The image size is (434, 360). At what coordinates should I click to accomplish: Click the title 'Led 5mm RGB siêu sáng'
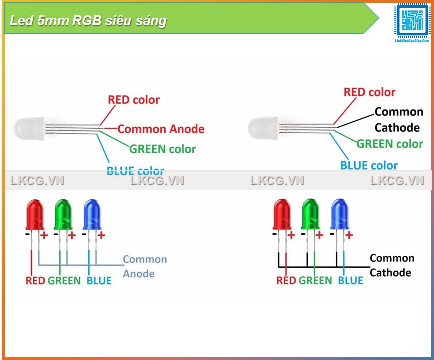point(88,21)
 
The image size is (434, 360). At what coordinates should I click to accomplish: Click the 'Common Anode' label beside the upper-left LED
point(161,129)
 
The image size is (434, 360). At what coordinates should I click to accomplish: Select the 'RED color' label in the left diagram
point(134,100)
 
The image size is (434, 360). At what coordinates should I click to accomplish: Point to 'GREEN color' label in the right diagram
point(390,144)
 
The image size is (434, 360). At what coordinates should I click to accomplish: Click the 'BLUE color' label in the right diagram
point(369,165)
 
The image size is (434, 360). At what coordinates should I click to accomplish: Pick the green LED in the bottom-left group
point(63,214)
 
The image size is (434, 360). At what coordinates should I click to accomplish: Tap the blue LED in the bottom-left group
point(92,214)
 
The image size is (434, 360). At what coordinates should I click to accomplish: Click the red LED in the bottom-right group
point(282,214)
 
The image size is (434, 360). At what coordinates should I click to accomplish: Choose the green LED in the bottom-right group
point(311,214)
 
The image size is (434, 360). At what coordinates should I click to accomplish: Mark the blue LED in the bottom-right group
point(340,214)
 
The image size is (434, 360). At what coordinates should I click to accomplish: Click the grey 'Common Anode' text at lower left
point(144,266)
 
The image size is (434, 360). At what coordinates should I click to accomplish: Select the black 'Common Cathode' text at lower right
point(392,265)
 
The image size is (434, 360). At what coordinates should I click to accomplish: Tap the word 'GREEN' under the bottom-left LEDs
point(64,281)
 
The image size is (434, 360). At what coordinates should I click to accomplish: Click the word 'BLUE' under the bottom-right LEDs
point(350,281)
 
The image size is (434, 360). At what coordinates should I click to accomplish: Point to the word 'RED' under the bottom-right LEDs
point(286,281)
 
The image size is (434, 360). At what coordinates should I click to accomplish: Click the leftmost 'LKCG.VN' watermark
point(37,181)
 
